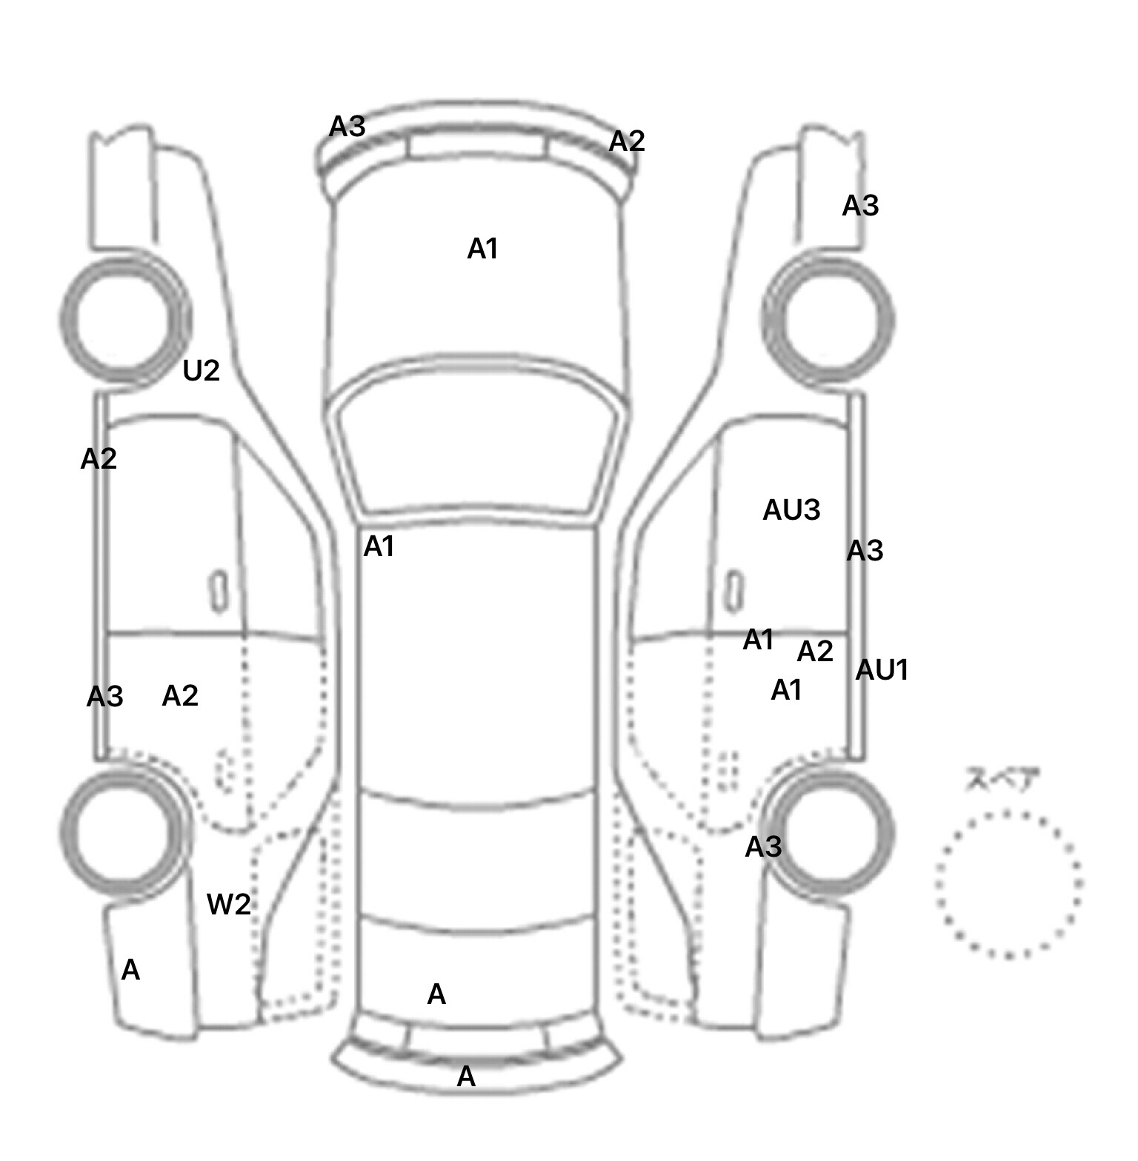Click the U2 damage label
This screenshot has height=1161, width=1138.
[201, 370]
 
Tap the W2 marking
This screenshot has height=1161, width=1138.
[228, 904]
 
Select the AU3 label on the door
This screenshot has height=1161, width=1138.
[791, 510]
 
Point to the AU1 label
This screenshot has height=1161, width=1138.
[882, 670]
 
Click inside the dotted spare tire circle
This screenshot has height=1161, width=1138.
[1008, 884]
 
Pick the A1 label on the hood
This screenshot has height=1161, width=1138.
[482, 250]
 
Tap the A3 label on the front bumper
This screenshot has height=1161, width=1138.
[347, 127]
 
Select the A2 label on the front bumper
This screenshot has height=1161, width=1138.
[626, 141]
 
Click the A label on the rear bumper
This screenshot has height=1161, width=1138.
[466, 1077]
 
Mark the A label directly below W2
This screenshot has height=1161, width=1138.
[130, 970]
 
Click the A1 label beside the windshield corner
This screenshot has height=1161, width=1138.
[379, 547]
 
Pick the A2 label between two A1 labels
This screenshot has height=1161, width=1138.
[815, 652]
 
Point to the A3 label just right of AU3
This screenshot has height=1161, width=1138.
[865, 551]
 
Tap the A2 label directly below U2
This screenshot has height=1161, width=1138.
[99, 460]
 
